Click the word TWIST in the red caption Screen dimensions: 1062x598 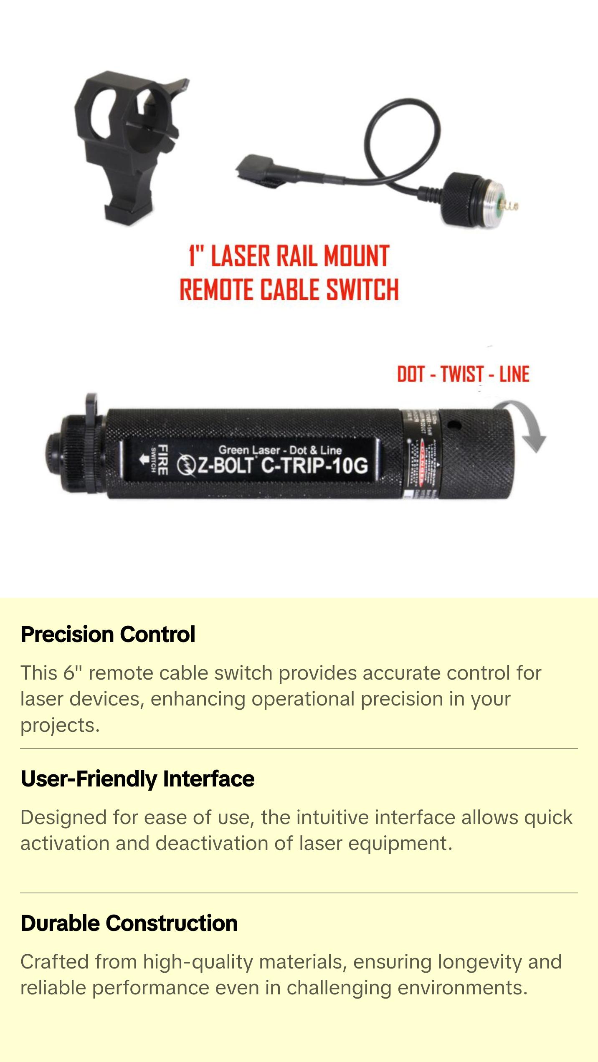(x=462, y=374)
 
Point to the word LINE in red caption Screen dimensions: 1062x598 (x=514, y=374)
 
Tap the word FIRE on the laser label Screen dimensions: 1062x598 (x=163, y=460)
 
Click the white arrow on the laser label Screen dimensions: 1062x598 (x=144, y=460)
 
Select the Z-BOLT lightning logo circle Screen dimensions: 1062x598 (x=185, y=465)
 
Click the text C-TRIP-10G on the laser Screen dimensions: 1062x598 (x=314, y=465)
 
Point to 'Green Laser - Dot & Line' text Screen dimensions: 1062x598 (x=280, y=450)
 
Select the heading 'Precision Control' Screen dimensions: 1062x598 (x=108, y=635)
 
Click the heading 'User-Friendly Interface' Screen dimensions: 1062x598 (x=137, y=779)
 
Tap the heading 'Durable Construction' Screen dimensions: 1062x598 (x=129, y=923)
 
